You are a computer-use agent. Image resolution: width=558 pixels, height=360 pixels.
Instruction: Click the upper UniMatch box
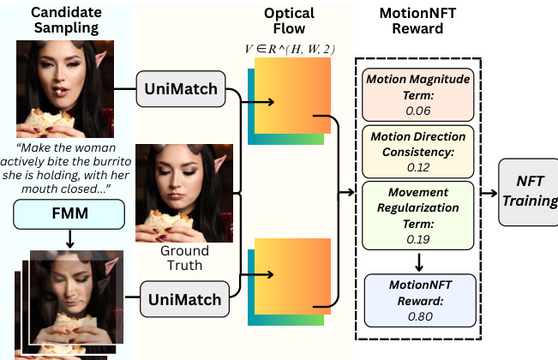[180, 89]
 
